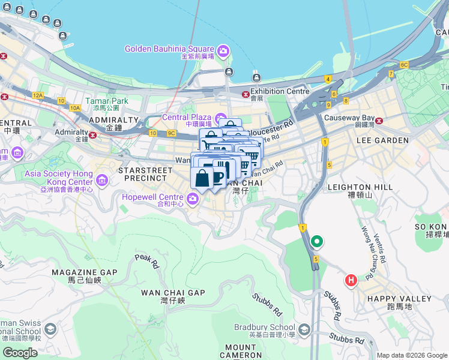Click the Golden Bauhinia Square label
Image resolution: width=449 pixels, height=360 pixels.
pyautogui.click(x=169, y=49)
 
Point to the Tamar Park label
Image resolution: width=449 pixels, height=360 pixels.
pyautogui.click(x=107, y=101)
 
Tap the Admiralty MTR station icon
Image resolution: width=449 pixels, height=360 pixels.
pyautogui.click(x=92, y=135)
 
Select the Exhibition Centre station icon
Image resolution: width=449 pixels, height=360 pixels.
pyautogui.click(x=244, y=94)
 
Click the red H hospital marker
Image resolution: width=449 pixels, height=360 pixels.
pyautogui.click(x=351, y=280)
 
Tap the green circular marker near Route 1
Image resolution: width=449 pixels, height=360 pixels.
pyautogui.click(x=317, y=242)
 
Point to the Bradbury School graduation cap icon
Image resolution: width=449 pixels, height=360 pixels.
pyautogui.click(x=304, y=329)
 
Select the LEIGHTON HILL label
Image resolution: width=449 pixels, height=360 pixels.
pyautogui.click(x=360, y=187)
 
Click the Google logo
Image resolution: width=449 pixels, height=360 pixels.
pyautogui.click(x=20, y=352)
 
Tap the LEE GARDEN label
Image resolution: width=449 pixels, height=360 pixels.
pyautogui.click(x=382, y=140)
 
